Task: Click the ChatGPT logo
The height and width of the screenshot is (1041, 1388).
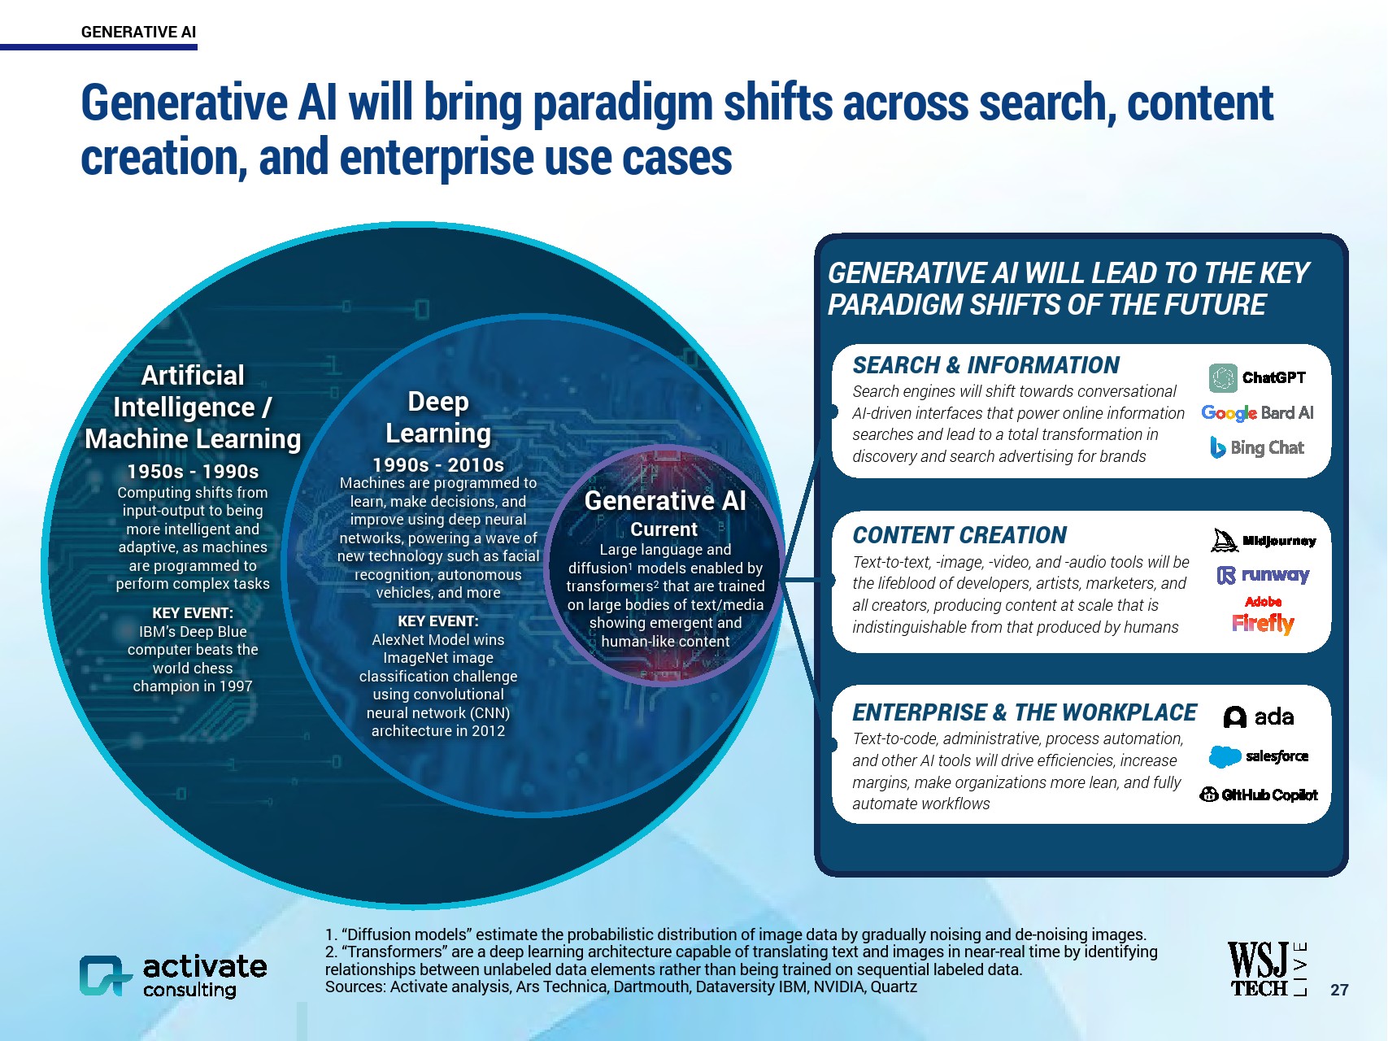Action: click(x=1257, y=377)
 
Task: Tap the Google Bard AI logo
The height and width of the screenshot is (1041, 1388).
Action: click(x=1257, y=413)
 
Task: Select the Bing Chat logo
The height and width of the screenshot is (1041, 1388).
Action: click(x=1257, y=447)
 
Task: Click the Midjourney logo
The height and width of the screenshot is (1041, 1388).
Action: click(x=1264, y=540)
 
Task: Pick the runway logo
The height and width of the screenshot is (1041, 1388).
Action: click(x=1263, y=575)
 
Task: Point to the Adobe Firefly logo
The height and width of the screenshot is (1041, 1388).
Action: click(x=1263, y=616)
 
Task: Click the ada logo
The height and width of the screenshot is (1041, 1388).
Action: click(x=1259, y=717)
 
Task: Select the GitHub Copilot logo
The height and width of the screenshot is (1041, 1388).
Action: click(x=1259, y=795)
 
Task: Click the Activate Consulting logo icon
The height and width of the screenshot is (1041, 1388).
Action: click(x=106, y=975)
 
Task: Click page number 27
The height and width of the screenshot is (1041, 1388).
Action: click(x=1339, y=990)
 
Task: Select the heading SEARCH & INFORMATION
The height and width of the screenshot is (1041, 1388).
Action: click(x=986, y=365)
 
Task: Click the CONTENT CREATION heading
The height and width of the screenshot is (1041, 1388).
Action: click(x=959, y=535)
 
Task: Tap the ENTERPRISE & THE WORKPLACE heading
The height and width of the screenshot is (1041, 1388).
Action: click(x=1025, y=712)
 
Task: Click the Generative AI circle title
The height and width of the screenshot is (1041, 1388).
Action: click(x=665, y=500)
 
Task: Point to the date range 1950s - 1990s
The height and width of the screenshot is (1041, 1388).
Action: click(x=193, y=471)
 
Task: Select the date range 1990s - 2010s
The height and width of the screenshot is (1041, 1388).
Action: click(x=438, y=464)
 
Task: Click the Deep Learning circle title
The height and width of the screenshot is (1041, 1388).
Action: click(x=438, y=417)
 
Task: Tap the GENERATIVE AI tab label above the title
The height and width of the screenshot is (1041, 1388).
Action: click(x=138, y=32)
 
